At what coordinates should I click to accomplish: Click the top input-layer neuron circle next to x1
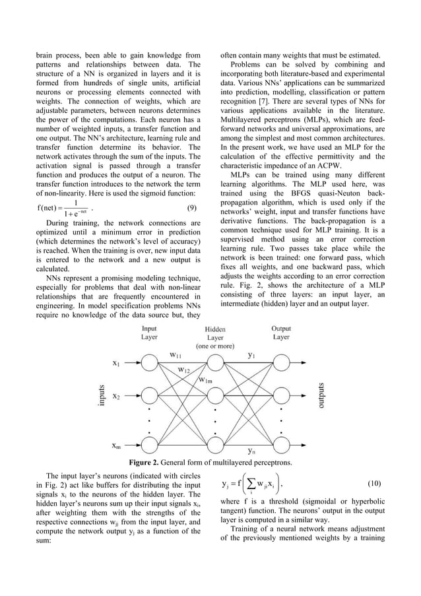[x=150, y=364]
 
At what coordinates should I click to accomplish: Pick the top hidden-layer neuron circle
[x=215, y=364]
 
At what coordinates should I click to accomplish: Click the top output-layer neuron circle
[x=282, y=364]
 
